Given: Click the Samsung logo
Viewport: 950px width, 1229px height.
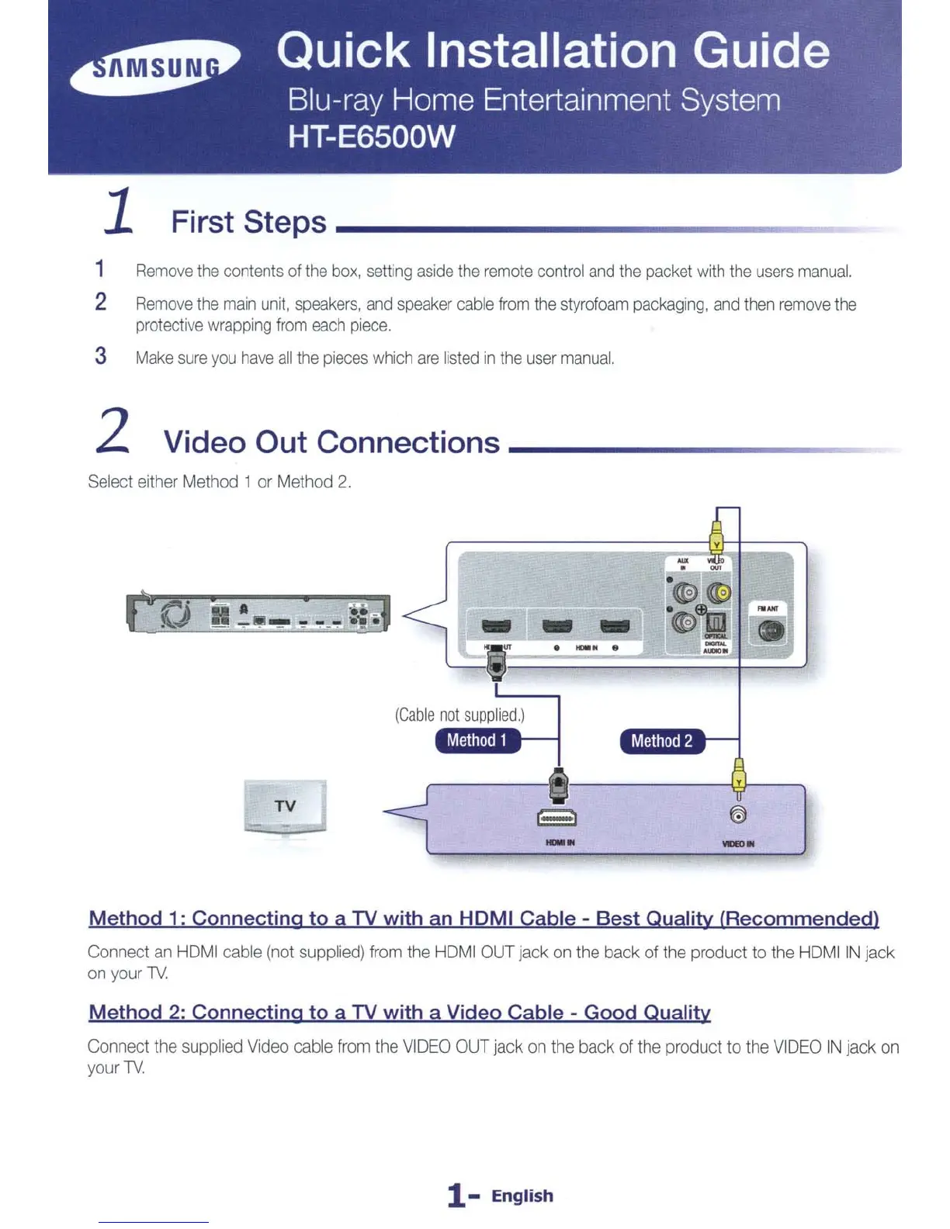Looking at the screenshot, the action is pos(155,68).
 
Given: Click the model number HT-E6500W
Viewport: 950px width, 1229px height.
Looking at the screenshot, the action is pos(371,137).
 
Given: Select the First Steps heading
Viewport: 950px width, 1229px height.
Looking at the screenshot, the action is pos(248,222).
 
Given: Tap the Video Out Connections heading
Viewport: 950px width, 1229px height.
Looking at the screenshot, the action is pos(331,442).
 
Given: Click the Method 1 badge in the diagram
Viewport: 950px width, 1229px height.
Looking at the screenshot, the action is pos(477,741).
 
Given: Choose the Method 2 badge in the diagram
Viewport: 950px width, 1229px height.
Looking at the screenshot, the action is pos(661,742).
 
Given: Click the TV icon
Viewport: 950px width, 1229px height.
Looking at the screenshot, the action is pos(285,807).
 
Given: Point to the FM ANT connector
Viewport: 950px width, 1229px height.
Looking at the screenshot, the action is pos(771,632).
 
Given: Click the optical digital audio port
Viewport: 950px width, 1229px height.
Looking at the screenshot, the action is pos(715,622).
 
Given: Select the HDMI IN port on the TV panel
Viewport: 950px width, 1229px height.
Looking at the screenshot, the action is pos(556,819).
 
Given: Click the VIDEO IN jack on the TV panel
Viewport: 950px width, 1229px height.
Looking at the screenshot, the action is pos(739,815).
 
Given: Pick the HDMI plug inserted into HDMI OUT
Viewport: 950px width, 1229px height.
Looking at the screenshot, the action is pos(496,664).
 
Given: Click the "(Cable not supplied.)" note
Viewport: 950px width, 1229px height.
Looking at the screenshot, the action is pos(459,715).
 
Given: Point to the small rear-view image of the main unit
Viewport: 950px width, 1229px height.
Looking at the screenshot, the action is pos(258,614).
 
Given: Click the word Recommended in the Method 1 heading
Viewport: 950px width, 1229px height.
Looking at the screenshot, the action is pos(799,919).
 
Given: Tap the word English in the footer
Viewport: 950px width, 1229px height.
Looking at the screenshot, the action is pos(522,1196).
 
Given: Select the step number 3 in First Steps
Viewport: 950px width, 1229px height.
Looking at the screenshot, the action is pos(101,356).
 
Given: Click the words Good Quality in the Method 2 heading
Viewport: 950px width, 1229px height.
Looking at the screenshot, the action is pos(647,1013).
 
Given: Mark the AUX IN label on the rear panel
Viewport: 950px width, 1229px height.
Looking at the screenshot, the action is pos(683,563).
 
